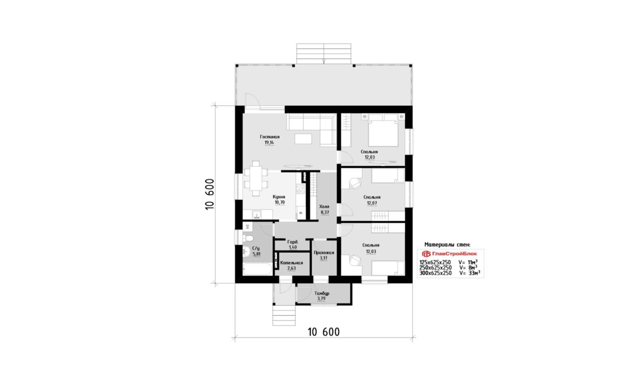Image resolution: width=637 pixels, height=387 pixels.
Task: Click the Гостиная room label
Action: pos(270,137)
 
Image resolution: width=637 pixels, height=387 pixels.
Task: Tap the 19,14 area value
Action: pos(269,143)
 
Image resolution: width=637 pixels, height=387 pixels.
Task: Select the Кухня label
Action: pos(279,197)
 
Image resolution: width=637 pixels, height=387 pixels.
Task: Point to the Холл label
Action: pos(324,207)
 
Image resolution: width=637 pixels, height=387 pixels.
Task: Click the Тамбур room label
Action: pos(322,293)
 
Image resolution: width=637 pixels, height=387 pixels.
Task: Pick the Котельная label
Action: pos(291,263)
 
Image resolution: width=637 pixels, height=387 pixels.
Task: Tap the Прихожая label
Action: pos(324,253)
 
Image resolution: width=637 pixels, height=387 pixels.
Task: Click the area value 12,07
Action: pos(372,203)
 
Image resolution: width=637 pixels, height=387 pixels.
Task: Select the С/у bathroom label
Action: pos(256,248)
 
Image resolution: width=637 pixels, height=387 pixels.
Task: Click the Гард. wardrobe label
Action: pos(293,242)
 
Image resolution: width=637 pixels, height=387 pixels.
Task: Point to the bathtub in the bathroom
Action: pos(257,269)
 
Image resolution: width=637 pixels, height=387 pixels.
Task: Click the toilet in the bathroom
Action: pos(248,238)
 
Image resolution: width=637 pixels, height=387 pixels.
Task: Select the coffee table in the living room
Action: pos(303,139)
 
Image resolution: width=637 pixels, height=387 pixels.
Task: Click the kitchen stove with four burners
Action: pos(301,188)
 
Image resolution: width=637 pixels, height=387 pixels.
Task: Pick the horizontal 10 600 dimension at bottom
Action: pos(324,332)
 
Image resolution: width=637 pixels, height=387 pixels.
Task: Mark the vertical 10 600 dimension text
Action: pos(209,194)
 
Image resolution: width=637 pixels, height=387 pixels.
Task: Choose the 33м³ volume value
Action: pos(474,273)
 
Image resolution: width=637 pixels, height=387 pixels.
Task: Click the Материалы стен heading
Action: pos(447,245)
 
